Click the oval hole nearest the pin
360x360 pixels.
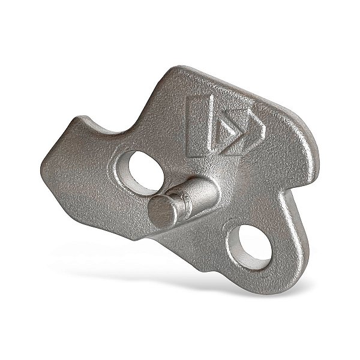[x=142, y=167]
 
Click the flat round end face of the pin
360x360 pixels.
[x=160, y=212]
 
